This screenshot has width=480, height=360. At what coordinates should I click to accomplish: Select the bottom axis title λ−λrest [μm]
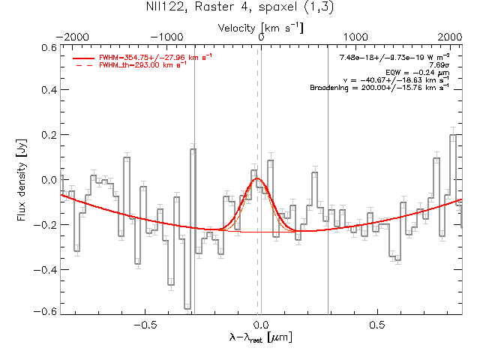(x=260, y=338)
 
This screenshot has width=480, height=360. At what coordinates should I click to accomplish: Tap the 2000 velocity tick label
(x=451, y=37)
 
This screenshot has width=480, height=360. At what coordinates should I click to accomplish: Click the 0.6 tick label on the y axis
(x=48, y=47)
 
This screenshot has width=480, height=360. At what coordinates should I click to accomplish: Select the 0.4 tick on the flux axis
(x=48, y=91)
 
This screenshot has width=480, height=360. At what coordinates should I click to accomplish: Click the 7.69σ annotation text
(x=439, y=65)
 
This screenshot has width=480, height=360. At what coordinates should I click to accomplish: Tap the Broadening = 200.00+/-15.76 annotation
(x=379, y=88)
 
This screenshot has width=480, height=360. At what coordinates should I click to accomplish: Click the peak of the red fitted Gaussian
(x=257, y=179)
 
